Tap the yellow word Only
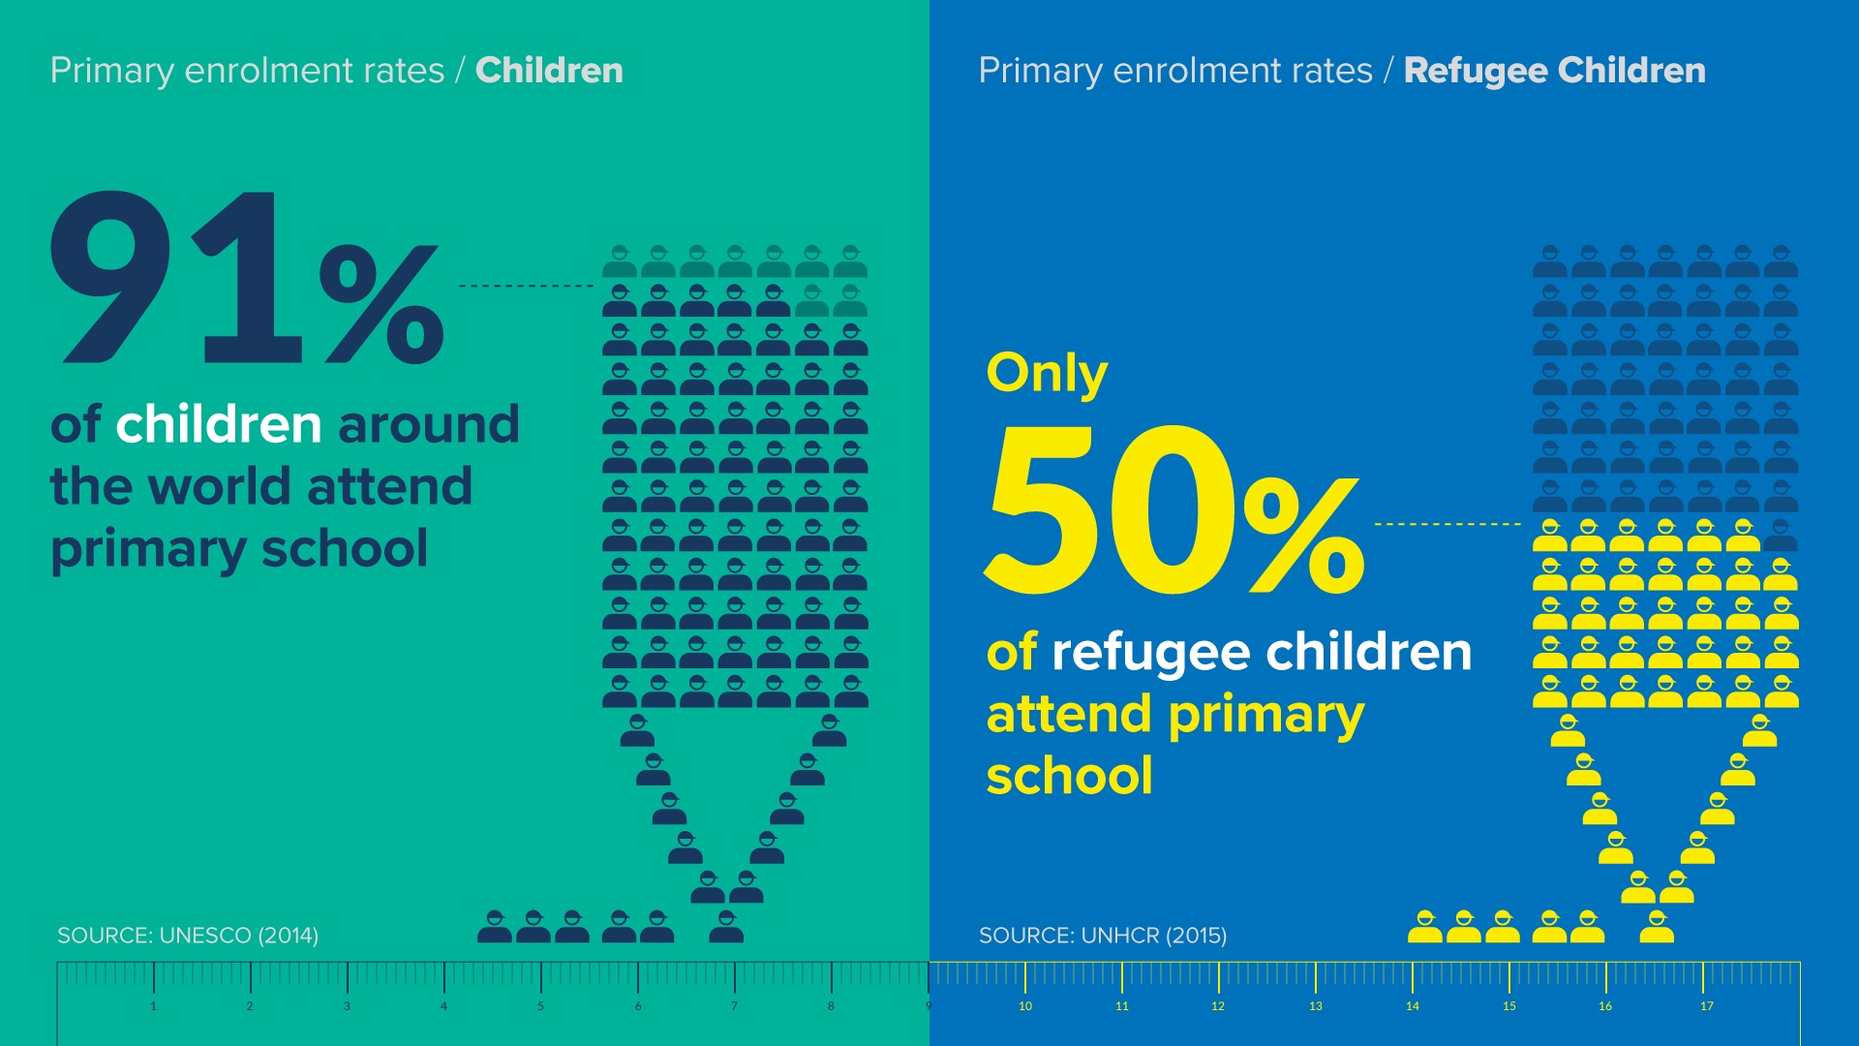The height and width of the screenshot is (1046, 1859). pyautogui.click(x=1047, y=373)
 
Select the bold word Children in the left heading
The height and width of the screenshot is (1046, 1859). pyautogui.click(x=549, y=71)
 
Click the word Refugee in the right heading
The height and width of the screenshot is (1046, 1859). pyautogui.click(x=1476, y=71)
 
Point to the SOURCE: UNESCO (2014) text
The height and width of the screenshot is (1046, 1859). pyautogui.click(x=188, y=936)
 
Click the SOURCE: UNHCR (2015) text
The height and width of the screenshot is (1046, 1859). pyautogui.click(x=1102, y=936)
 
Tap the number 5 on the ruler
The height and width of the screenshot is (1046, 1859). pyautogui.click(x=540, y=1006)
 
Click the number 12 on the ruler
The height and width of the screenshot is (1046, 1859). pyautogui.click(x=1218, y=1006)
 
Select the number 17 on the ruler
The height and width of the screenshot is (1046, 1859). pyautogui.click(x=1706, y=1006)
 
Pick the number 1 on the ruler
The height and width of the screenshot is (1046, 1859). pyautogui.click(x=153, y=1006)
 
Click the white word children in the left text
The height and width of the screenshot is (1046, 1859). pyautogui.click(x=219, y=425)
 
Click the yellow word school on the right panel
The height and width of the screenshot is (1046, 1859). pyautogui.click(x=1069, y=776)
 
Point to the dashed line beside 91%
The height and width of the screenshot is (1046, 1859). pyautogui.click(x=526, y=286)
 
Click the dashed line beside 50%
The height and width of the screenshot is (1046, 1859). pyautogui.click(x=1448, y=524)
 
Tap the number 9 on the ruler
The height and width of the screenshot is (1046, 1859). pyautogui.click(x=928, y=1006)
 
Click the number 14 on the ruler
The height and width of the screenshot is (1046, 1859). pyautogui.click(x=1413, y=1006)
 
